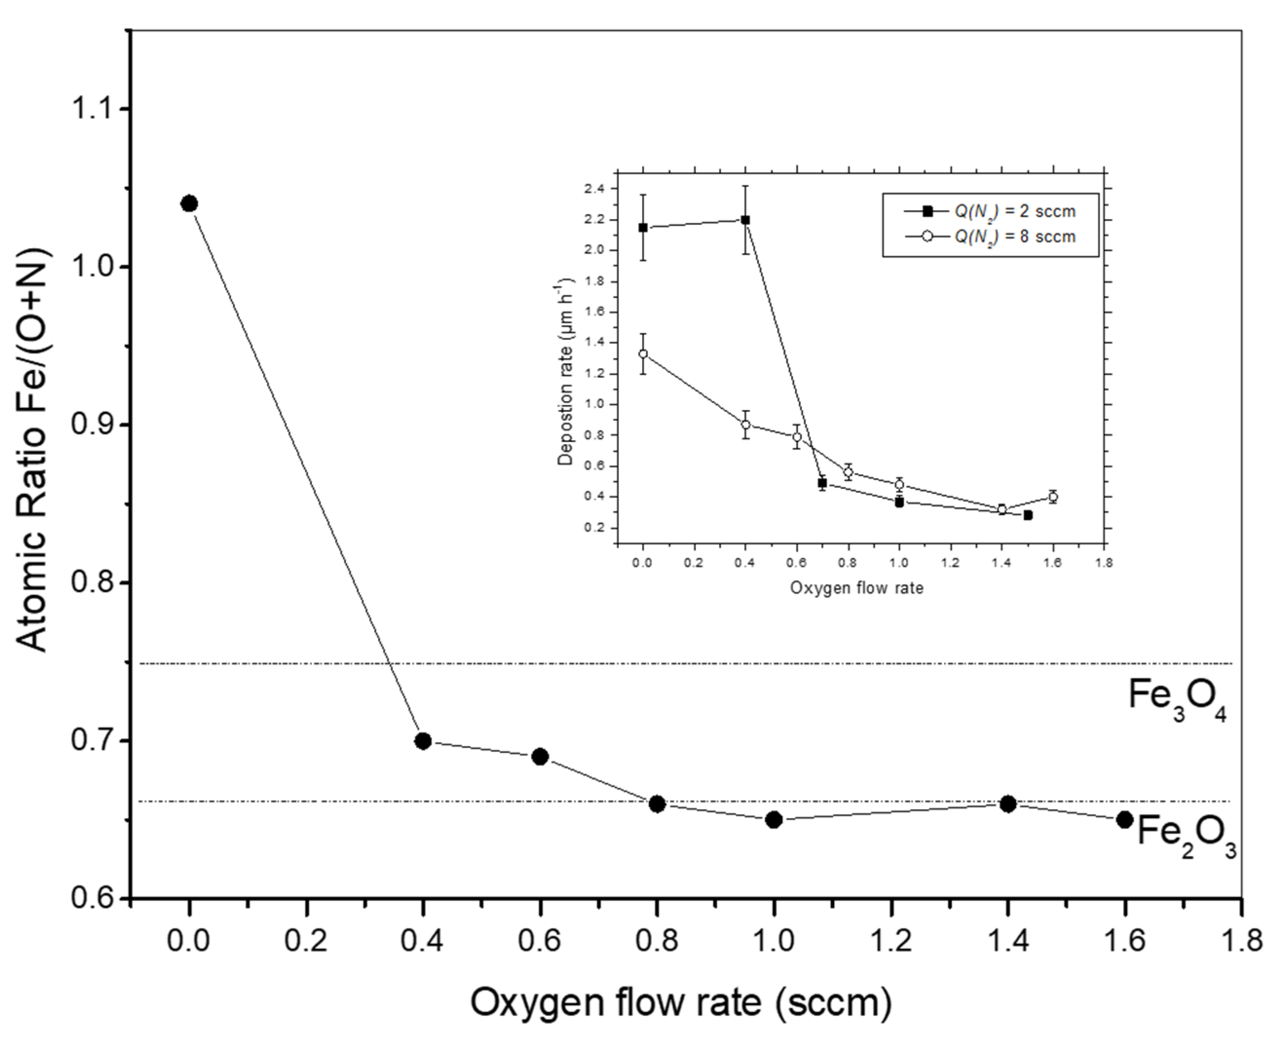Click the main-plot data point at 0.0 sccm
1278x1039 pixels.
click(189, 204)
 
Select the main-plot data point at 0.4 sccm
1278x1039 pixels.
click(423, 741)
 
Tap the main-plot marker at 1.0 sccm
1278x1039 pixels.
click(774, 819)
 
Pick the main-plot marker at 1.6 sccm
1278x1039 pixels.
click(1125, 819)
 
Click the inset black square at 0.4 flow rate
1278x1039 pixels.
click(745, 220)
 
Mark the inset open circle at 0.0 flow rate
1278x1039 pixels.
click(643, 353)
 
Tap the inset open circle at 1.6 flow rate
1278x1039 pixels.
click(1053, 496)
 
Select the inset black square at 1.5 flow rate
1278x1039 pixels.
click(1028, 515)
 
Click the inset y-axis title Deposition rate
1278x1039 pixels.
click(565, 371)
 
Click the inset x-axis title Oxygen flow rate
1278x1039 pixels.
click(857, 588)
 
